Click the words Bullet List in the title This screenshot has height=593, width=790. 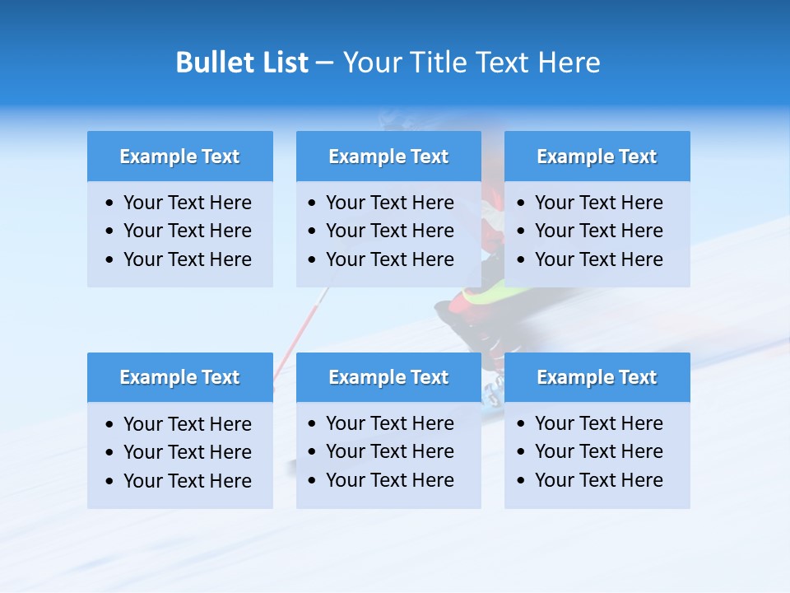(x=242, y=63)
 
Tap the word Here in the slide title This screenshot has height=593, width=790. (x=569, y=63)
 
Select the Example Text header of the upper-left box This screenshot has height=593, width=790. (x=179, y=156)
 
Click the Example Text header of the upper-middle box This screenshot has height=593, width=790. (x=388, y=156)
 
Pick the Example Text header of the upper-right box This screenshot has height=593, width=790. (x=597, y=156)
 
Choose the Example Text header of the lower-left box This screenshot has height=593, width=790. (x=179, y=377)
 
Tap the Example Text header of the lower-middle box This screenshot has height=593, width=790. (x=388, y=377)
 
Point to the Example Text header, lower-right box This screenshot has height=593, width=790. (x=597, y=377)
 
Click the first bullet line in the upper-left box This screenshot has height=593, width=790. (x=188, y=203)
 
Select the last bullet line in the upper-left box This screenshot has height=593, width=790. (x=188, y=259)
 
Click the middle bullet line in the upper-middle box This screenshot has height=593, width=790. (x=390, y=231)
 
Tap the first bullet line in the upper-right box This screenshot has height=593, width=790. (x=599, y=203)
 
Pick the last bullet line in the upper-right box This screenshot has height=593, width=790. (x=599, y=259)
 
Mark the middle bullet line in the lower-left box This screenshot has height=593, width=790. (x=188, y=452)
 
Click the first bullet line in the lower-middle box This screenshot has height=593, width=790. (x=390, y=423)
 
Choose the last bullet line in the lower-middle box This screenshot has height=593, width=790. (x=390, y=480)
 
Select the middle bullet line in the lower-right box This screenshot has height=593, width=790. (x=599, y=451)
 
